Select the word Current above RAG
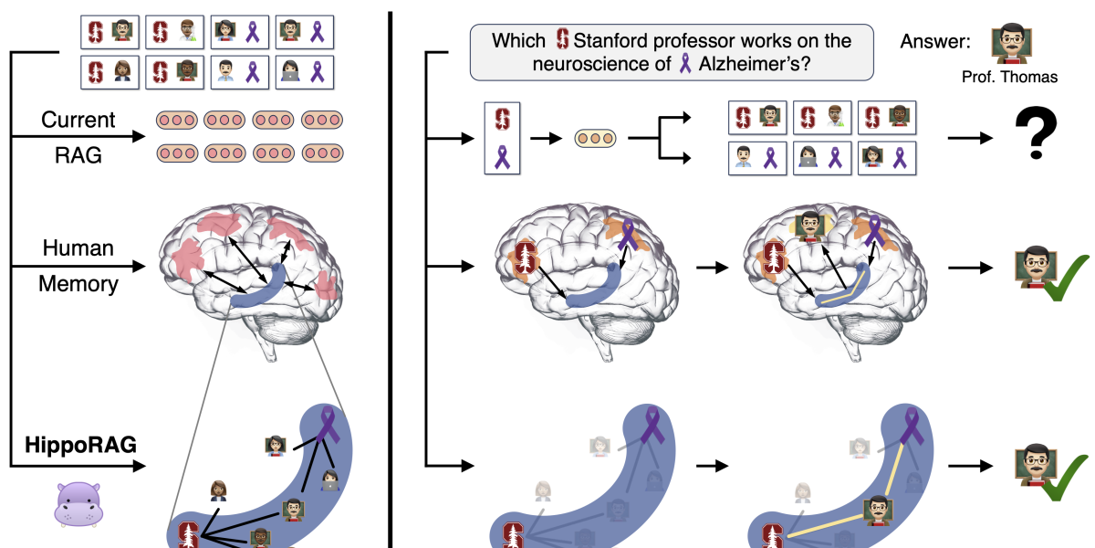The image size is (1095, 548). click(78, 120)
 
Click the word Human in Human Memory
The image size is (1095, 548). click(78, 248)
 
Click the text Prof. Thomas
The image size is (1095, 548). click(1009, 78)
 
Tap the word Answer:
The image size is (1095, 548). click(935, 41)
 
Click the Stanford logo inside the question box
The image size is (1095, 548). click(563, 40)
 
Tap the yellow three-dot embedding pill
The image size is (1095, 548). click(595, 138)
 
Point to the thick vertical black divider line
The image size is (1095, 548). click(392, 274)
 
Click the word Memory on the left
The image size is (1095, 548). click(78, 284)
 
